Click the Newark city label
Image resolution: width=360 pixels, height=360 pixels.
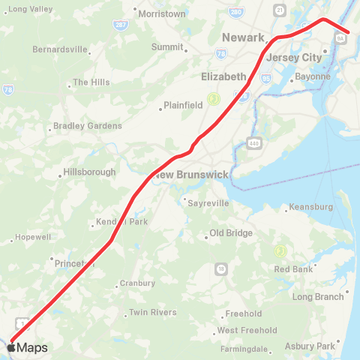pyautogui.click(x=244, y=37)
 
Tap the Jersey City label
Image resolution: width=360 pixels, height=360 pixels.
pyautogui.click(x=295, y=57)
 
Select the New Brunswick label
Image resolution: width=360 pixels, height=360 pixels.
pyautogui.click(x=191, y=174)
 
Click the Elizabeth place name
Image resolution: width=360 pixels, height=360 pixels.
pyautogui.click(x=223, y=76)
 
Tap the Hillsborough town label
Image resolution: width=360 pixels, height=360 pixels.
pyautogui.click(x=89, y=172)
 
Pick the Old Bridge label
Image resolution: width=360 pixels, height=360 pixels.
pyautogui.click(x=230, y=233)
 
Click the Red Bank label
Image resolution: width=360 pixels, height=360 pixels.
pyautogui.click(x=293, y=269)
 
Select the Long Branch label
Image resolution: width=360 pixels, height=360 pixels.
pyautogui.click(x=318, y=297)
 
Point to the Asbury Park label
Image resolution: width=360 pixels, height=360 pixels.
pyautogui.click(x=310, y=346)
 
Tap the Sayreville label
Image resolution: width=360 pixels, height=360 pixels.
pyautogui.click(x=209, y=203)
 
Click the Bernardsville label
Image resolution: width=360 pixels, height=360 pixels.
pyautogui.click(x=60, y=49)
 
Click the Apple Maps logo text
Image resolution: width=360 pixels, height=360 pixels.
pyautogui.click(x=28, y=347)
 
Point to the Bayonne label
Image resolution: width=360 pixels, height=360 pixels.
pyautogui.click(x=313, y=76)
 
